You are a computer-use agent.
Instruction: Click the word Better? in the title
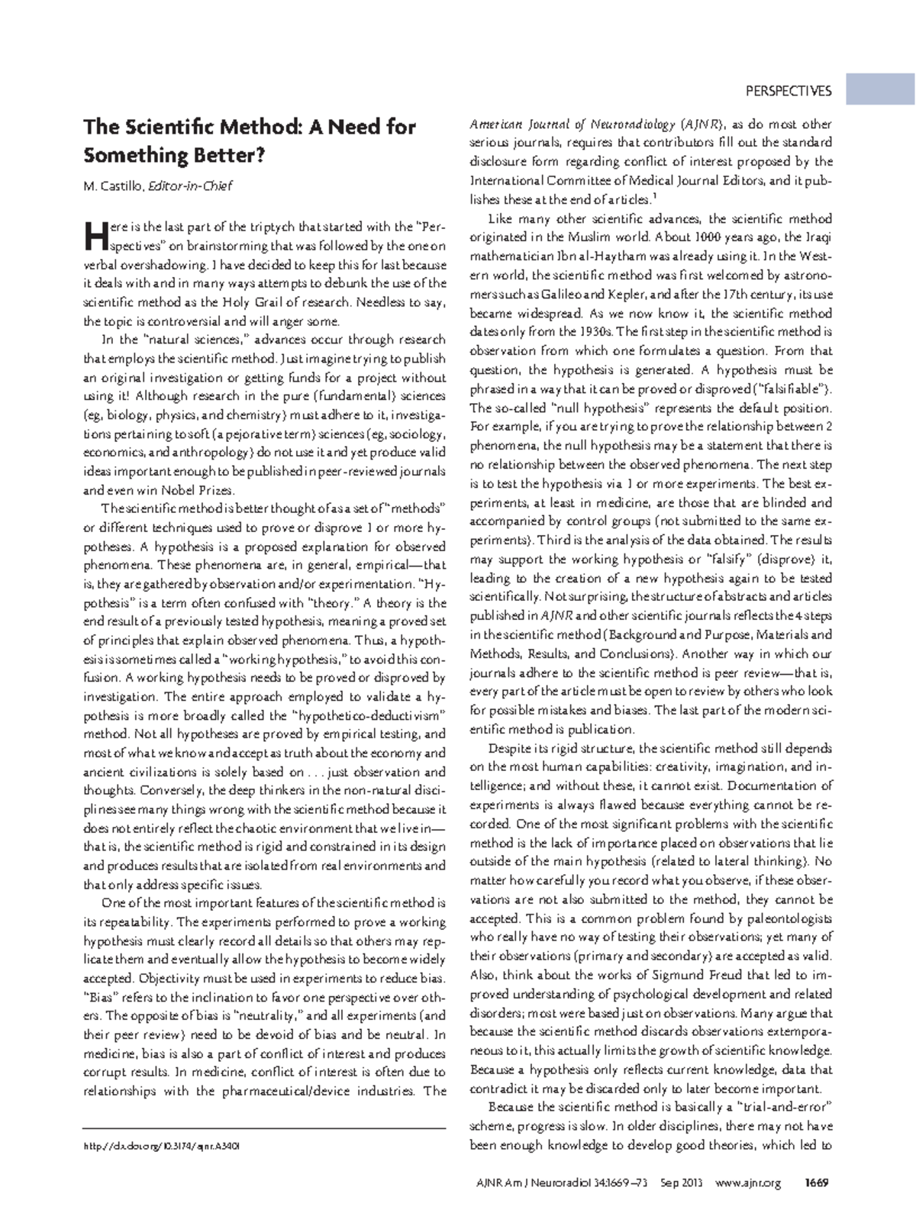229,155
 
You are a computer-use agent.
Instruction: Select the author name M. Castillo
113,186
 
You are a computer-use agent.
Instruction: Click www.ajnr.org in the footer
748,1183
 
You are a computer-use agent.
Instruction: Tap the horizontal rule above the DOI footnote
264,1128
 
